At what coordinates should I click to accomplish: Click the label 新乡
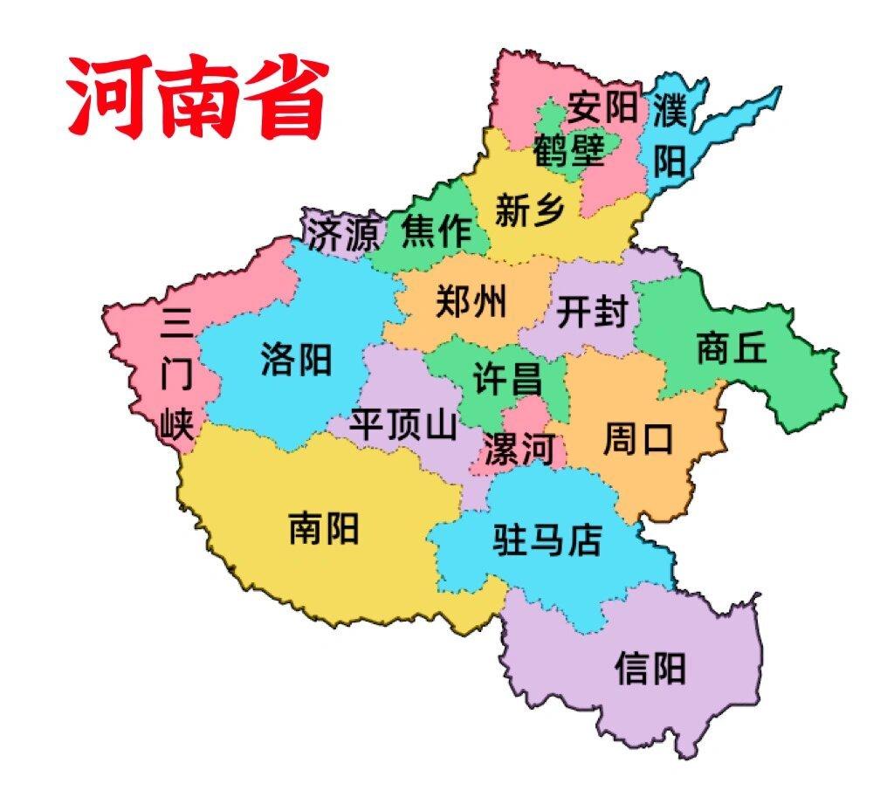coord(530,210)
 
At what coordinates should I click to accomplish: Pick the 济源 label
coord(343,234)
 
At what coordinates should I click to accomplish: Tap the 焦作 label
coord(436,231)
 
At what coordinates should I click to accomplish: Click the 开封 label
coord(593,311)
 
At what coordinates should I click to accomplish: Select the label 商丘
coord(732,347)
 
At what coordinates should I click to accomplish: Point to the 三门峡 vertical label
coord(176,375)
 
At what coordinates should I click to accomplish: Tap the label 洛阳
coord(296,358)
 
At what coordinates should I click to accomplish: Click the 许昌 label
coord(507,380)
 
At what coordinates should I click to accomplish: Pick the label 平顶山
coord(402,425)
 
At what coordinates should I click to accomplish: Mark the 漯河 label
coord(519,450)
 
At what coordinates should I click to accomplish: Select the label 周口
coord(638,439)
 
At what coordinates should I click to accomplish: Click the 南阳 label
coord(324,527)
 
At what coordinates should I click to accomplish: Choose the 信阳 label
coord(650,669)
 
